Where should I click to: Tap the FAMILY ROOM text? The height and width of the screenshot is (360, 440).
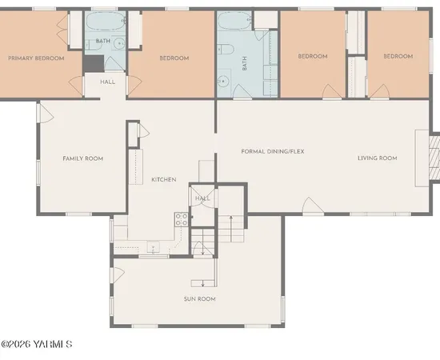click(83, 158)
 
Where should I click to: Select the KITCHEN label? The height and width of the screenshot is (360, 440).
click(163, 179)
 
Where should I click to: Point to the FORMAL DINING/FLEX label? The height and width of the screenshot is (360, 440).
click(273, 151)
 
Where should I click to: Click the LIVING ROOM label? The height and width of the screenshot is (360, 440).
click(377, 158)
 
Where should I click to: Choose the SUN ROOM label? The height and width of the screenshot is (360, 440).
click(200, 299)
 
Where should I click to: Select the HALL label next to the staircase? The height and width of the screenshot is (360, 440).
click(202, 198)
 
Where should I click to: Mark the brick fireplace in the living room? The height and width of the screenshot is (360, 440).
click(433, 157)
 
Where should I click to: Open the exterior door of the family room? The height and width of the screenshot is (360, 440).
click(45, 114)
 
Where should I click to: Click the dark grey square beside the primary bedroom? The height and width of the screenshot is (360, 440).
click(93, 64)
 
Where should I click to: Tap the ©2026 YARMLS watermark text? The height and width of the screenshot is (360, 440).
click(37, 345)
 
